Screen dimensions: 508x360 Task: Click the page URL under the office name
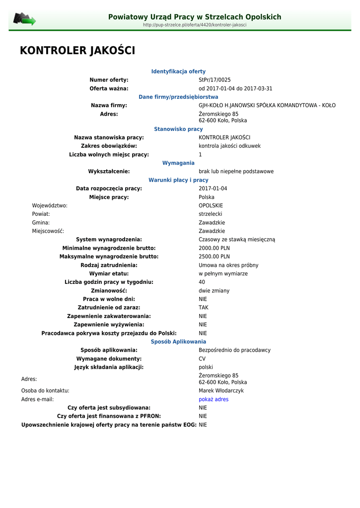[195, 25]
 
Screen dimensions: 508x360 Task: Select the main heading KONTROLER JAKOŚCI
[77, 51]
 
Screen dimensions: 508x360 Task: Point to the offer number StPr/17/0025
[215, 80]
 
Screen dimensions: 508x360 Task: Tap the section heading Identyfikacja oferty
[178, 71]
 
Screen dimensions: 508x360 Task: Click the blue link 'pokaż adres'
[214, 399]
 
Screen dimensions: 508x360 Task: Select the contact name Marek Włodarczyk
[221, 391]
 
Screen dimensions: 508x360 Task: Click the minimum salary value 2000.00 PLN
[214, 248]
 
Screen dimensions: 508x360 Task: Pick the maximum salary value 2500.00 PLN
[214, 256]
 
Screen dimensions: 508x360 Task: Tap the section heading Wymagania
[178, 163]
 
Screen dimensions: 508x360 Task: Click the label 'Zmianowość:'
[109, 291]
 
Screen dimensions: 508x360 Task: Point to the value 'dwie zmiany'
[214, 291]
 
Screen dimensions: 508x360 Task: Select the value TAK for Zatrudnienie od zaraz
[204, 308]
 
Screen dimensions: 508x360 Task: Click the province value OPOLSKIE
[211, 205]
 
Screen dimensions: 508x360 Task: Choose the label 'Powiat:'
[41, 214]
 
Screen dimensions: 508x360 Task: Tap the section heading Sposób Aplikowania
[178, 342]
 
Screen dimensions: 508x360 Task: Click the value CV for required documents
[202, 359]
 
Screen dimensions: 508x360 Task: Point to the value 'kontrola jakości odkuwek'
[229, 146]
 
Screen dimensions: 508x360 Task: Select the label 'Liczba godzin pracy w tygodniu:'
[109, 282]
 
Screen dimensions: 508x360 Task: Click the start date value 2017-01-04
[213, 189]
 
